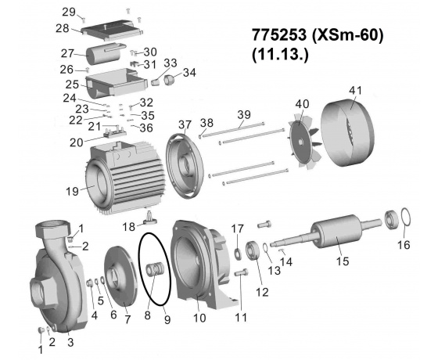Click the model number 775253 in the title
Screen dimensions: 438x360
point(279,35)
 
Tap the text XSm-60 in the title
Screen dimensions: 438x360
point(348,36)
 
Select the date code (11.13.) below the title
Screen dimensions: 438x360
point(280,55)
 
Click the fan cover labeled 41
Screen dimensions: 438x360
point(347,132)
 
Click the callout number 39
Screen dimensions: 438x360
point(244,114)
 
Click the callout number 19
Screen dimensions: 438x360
point(72,192)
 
